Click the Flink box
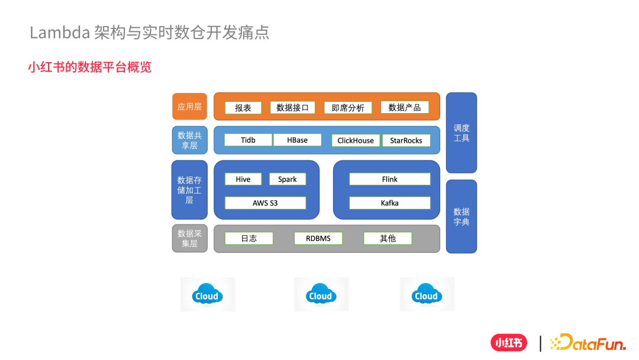(x=389, y=179)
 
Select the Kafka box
(x=389, y=203)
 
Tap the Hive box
(x=243, y=179)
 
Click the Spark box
(x=288, y=179)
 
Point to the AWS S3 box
(x=265, y=203)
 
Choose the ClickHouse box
(x=356, y=140)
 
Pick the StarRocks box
(x=406, y=140)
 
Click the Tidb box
(x=248, y=140)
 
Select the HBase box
(x=298, y=140)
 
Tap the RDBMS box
(x=318, y=239)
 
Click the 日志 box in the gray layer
(x=249, y=239)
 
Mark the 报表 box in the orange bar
(x=243, y=108)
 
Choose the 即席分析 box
(x=348, y=108)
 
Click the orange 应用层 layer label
(x=189, y=107)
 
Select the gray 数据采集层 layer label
(x=189, y=238)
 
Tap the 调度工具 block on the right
(x=461, y=133)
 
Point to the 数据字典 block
(x=461, y=216)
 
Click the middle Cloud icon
(x=321, y=294)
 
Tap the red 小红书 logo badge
(x=508, y=343)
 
